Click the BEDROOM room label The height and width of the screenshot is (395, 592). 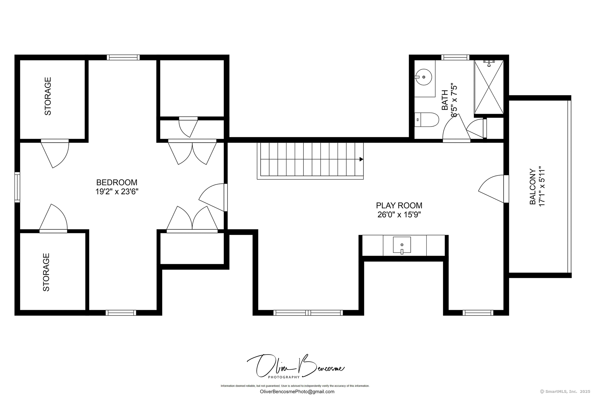117,182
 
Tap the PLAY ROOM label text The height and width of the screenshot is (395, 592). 399,206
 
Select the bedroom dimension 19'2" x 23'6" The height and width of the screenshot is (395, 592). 117,192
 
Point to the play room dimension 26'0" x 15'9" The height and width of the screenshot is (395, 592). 399,215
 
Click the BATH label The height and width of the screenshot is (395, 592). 445,100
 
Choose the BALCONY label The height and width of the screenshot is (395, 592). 532,186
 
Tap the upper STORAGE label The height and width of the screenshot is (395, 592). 48,96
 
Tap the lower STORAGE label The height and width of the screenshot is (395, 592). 46,272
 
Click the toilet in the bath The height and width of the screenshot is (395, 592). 426,119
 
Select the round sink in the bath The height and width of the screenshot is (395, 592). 423,77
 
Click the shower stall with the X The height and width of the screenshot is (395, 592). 489,87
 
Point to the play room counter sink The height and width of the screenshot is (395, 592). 402,245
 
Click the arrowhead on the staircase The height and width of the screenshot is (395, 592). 361,159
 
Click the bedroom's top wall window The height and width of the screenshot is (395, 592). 123,57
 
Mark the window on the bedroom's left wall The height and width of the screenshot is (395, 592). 18,187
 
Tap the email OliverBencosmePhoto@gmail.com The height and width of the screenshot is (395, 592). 297,392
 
